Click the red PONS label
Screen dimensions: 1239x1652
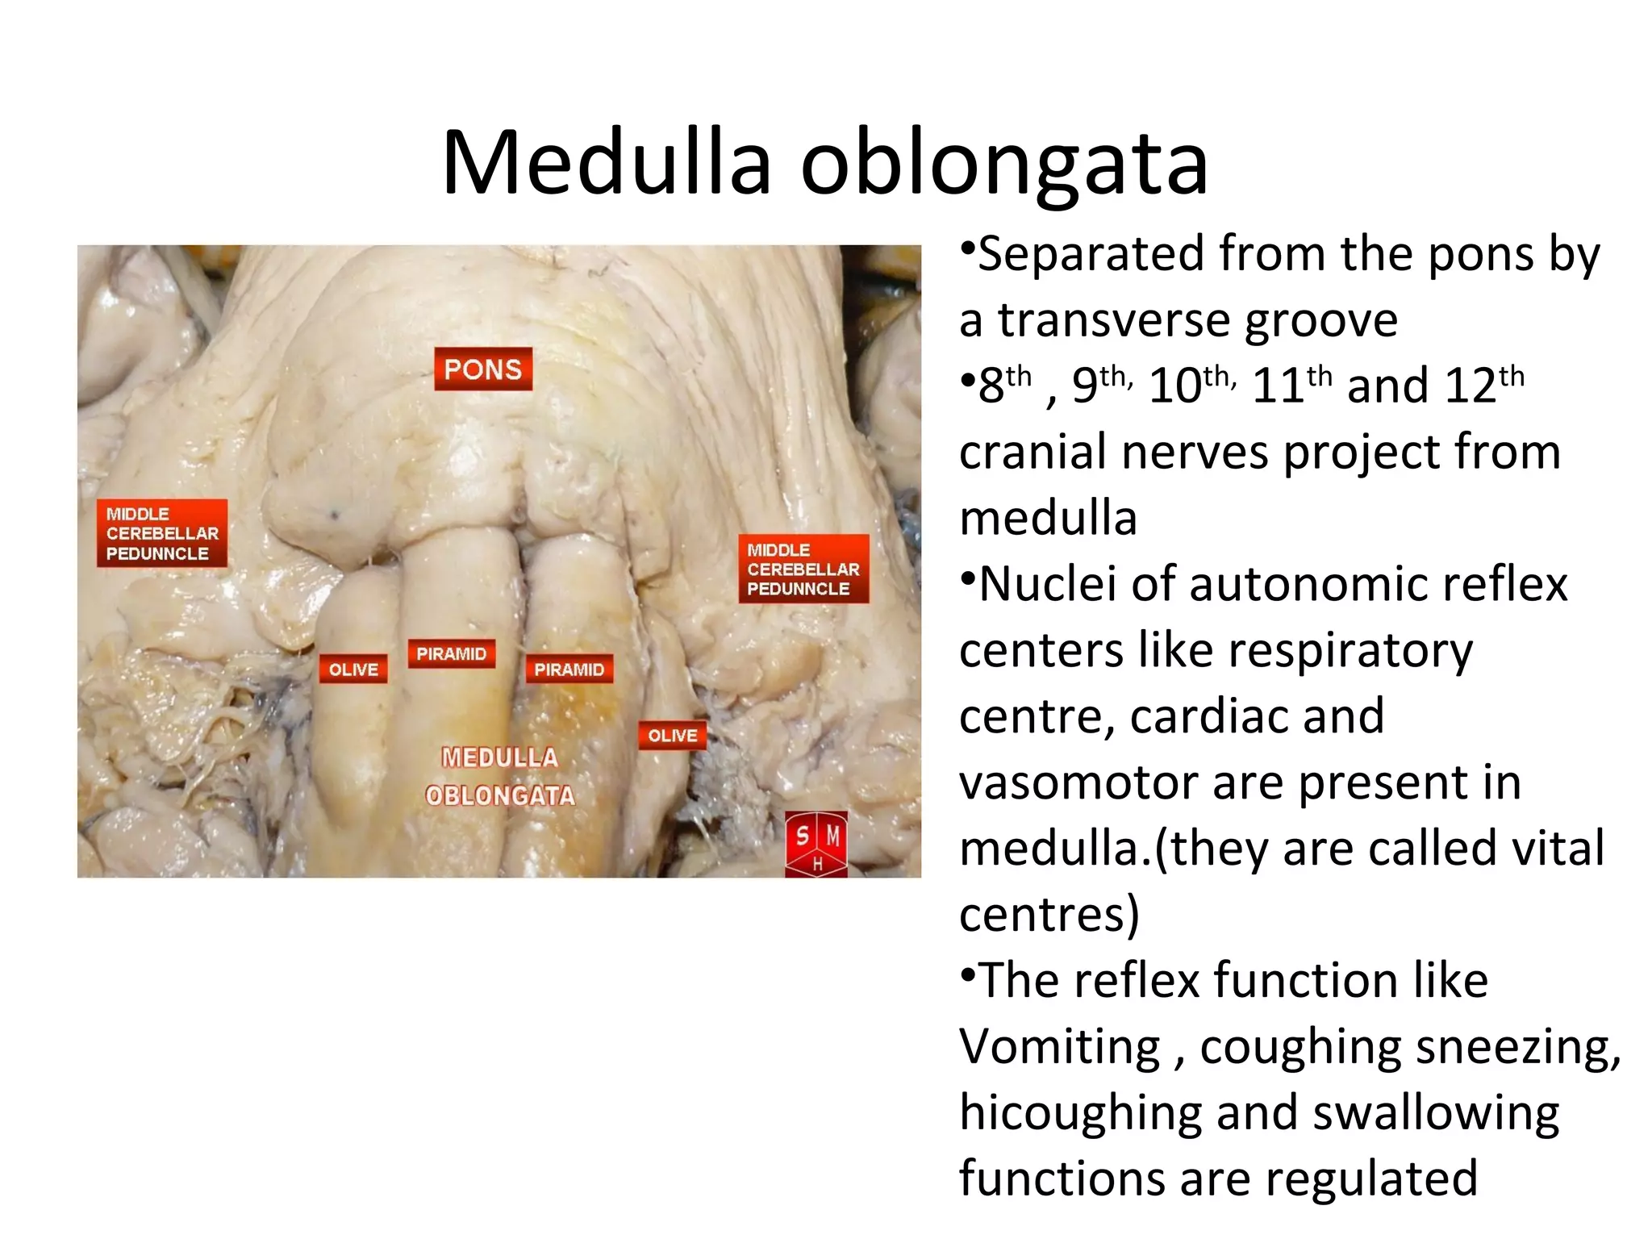[x=483, y=369]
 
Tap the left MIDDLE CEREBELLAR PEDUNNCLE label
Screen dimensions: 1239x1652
[x=162, y=533]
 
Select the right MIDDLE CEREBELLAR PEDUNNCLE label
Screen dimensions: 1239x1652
[x=803, y=569]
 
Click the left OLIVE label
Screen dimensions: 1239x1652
[x=353, y=669]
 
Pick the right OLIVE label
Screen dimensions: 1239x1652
[x=672, y=735]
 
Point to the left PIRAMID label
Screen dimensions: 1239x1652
[x=451, y=653]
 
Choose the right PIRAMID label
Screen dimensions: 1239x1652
[x=569, y=670]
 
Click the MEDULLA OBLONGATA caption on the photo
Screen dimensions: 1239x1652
[x=500, y=776]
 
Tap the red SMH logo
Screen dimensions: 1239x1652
[x=816, y=843]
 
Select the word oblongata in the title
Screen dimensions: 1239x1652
[x=1004, y=165]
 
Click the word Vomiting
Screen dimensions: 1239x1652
[x=1059, y=1048]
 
